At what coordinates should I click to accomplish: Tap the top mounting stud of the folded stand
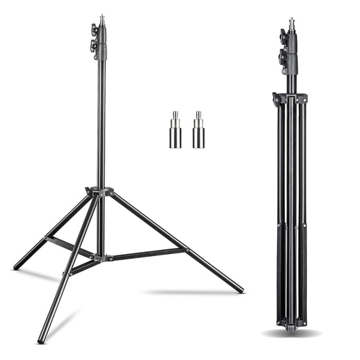point(291,23)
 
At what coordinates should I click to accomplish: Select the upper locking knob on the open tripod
point(94,30)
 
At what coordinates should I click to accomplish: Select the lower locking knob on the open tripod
point(94,47)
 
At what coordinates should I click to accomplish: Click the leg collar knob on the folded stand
point(276,98)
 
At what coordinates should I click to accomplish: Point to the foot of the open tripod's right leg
point(240,290)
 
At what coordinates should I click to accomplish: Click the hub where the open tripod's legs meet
point(101,193)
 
